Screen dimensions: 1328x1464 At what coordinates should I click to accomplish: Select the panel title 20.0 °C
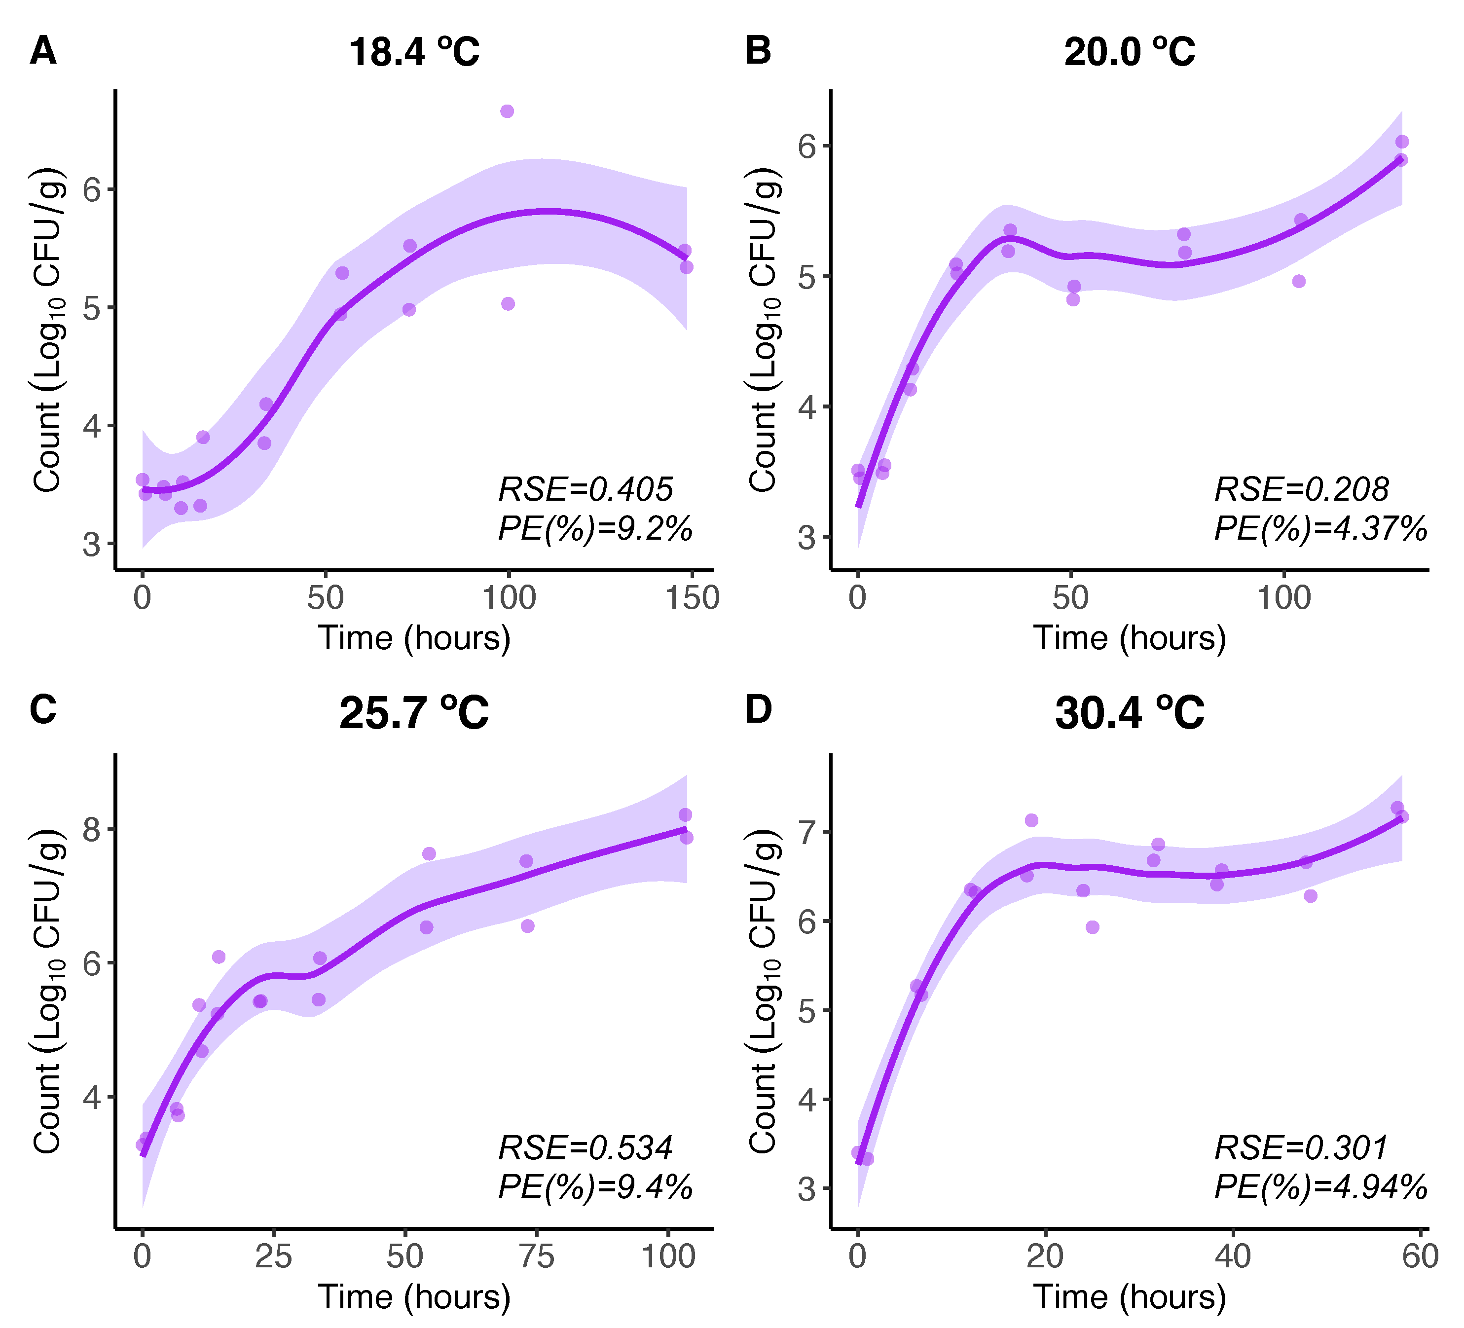point(1129,52)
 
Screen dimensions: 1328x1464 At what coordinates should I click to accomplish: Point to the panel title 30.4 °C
point(1129,712)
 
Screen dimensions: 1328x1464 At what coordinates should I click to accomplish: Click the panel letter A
point(43,51)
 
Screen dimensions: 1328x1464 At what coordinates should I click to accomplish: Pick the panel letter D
point(758,709)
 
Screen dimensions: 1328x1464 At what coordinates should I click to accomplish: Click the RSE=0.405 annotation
point(586,489)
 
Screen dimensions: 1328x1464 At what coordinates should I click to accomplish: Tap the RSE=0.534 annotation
point(586,1148)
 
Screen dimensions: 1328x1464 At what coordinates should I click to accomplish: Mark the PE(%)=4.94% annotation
point(1320,1186)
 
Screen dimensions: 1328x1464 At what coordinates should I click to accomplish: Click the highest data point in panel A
point(507,111)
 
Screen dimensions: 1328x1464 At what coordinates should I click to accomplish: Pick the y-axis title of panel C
point(48,991)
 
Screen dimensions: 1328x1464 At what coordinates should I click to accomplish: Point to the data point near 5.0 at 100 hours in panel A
point(508,303)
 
